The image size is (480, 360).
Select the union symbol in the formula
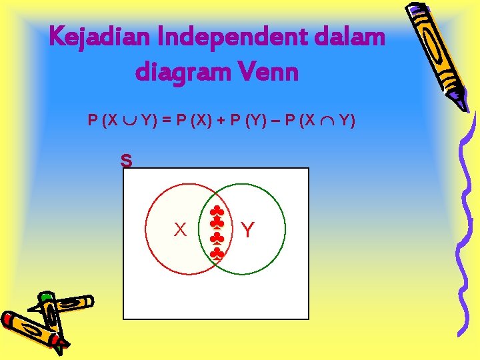129,121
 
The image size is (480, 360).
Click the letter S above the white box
126,161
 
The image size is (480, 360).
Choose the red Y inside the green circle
247,231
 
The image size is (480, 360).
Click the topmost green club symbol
217,212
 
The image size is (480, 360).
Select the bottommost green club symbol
217,253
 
